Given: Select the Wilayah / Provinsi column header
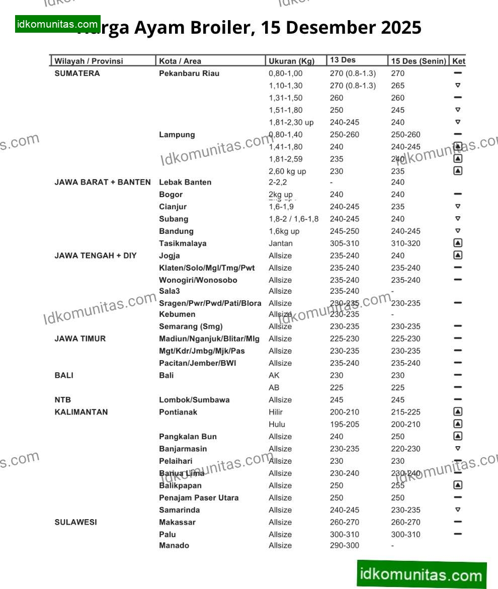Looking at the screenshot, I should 89,61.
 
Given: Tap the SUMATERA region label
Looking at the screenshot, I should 77,73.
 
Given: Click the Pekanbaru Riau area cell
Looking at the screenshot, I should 189,73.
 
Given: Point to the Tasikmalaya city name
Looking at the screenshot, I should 183,243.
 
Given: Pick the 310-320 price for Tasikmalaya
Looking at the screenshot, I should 405,243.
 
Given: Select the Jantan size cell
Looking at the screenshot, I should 280,243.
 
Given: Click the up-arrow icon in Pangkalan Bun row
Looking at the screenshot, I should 458,436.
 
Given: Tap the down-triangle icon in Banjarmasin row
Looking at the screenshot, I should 458,448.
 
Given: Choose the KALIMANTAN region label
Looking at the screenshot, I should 81,412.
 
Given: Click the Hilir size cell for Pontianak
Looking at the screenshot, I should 276,412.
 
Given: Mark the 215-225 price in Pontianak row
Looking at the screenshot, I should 405,412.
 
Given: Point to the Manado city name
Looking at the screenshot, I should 174,545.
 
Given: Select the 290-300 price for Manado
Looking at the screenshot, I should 345,545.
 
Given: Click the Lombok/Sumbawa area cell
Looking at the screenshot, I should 194,400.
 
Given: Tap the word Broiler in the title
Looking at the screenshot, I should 219,28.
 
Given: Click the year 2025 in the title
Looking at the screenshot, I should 401,28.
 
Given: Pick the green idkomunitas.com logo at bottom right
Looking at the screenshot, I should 422,574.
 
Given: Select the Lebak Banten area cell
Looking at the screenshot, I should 185,182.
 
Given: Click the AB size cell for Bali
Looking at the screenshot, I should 274,388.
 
